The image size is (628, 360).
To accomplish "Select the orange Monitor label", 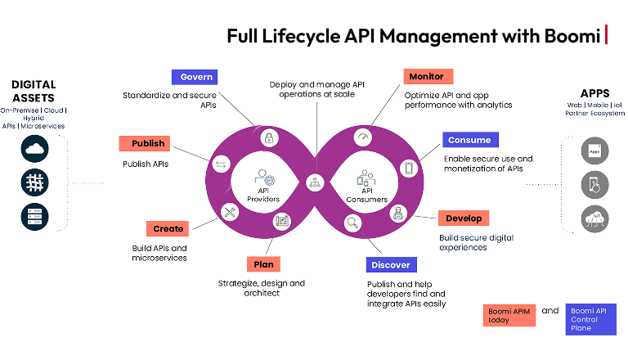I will click(428, 77).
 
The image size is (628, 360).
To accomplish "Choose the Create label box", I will click(168, 228).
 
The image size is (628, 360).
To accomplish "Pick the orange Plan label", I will click(263, 264).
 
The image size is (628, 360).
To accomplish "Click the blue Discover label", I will click(391, 264).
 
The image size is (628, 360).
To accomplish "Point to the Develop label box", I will click(464, 218).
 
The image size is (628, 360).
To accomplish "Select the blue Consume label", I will click(470, 140).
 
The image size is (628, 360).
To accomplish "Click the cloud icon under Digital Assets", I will click(35, 147).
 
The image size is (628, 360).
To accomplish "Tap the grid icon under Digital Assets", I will click(35, 182).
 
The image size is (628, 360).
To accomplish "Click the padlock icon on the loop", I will click(268, 138).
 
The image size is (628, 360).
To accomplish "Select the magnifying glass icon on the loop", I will click(353, 221).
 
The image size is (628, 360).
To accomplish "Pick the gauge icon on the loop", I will click(365, 137).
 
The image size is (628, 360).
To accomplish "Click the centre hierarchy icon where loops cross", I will click(314, 182).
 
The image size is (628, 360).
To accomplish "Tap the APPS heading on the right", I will click(594, 93).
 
